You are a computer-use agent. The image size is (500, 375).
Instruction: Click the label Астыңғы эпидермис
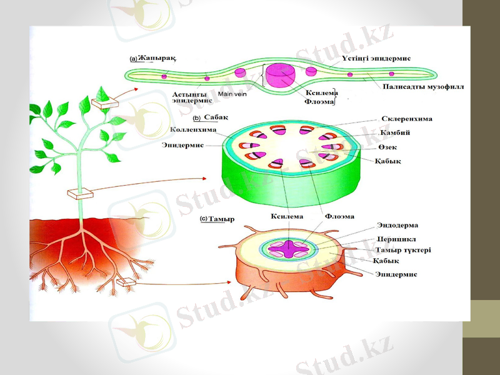coord(192,97)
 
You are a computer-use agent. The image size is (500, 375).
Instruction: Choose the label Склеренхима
coord(406,118)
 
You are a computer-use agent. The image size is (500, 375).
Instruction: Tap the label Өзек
coord(387,147)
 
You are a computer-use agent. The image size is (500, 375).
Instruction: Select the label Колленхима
coord(194,130)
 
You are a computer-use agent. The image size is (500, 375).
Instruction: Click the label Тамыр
coord(220,219)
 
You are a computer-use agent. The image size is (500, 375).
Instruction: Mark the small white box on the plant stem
coord(81,194)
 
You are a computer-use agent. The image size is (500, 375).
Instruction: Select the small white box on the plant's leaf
coord(101,102)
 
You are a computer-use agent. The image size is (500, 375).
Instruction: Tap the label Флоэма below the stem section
coord(340,216)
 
